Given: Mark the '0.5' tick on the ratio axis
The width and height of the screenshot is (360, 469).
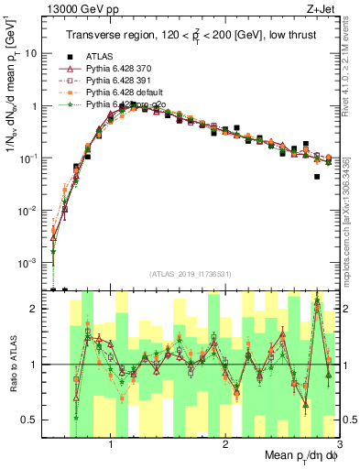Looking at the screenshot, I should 33,420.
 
